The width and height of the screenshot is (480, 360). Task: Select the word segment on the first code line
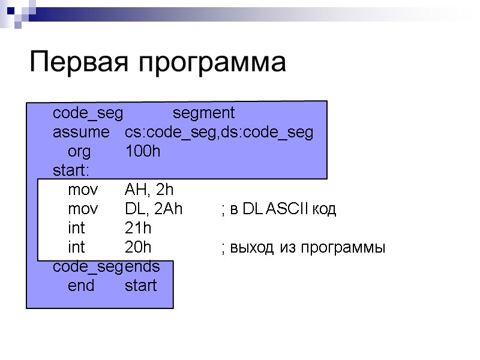204,114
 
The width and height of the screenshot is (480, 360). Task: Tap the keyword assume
81,133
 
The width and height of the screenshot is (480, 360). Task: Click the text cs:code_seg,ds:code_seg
219,133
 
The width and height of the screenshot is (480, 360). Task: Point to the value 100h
142,152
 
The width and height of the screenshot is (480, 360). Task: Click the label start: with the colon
71,171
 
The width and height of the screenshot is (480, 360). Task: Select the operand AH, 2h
149,191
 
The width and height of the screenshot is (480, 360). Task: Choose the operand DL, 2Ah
153,209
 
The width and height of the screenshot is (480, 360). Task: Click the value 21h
138,229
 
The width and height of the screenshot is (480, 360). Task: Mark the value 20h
138,248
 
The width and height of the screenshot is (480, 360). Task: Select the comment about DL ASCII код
279,209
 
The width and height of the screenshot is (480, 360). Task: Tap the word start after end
140,286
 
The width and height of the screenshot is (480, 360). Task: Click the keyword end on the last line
81,286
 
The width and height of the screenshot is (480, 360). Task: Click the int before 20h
76,248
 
